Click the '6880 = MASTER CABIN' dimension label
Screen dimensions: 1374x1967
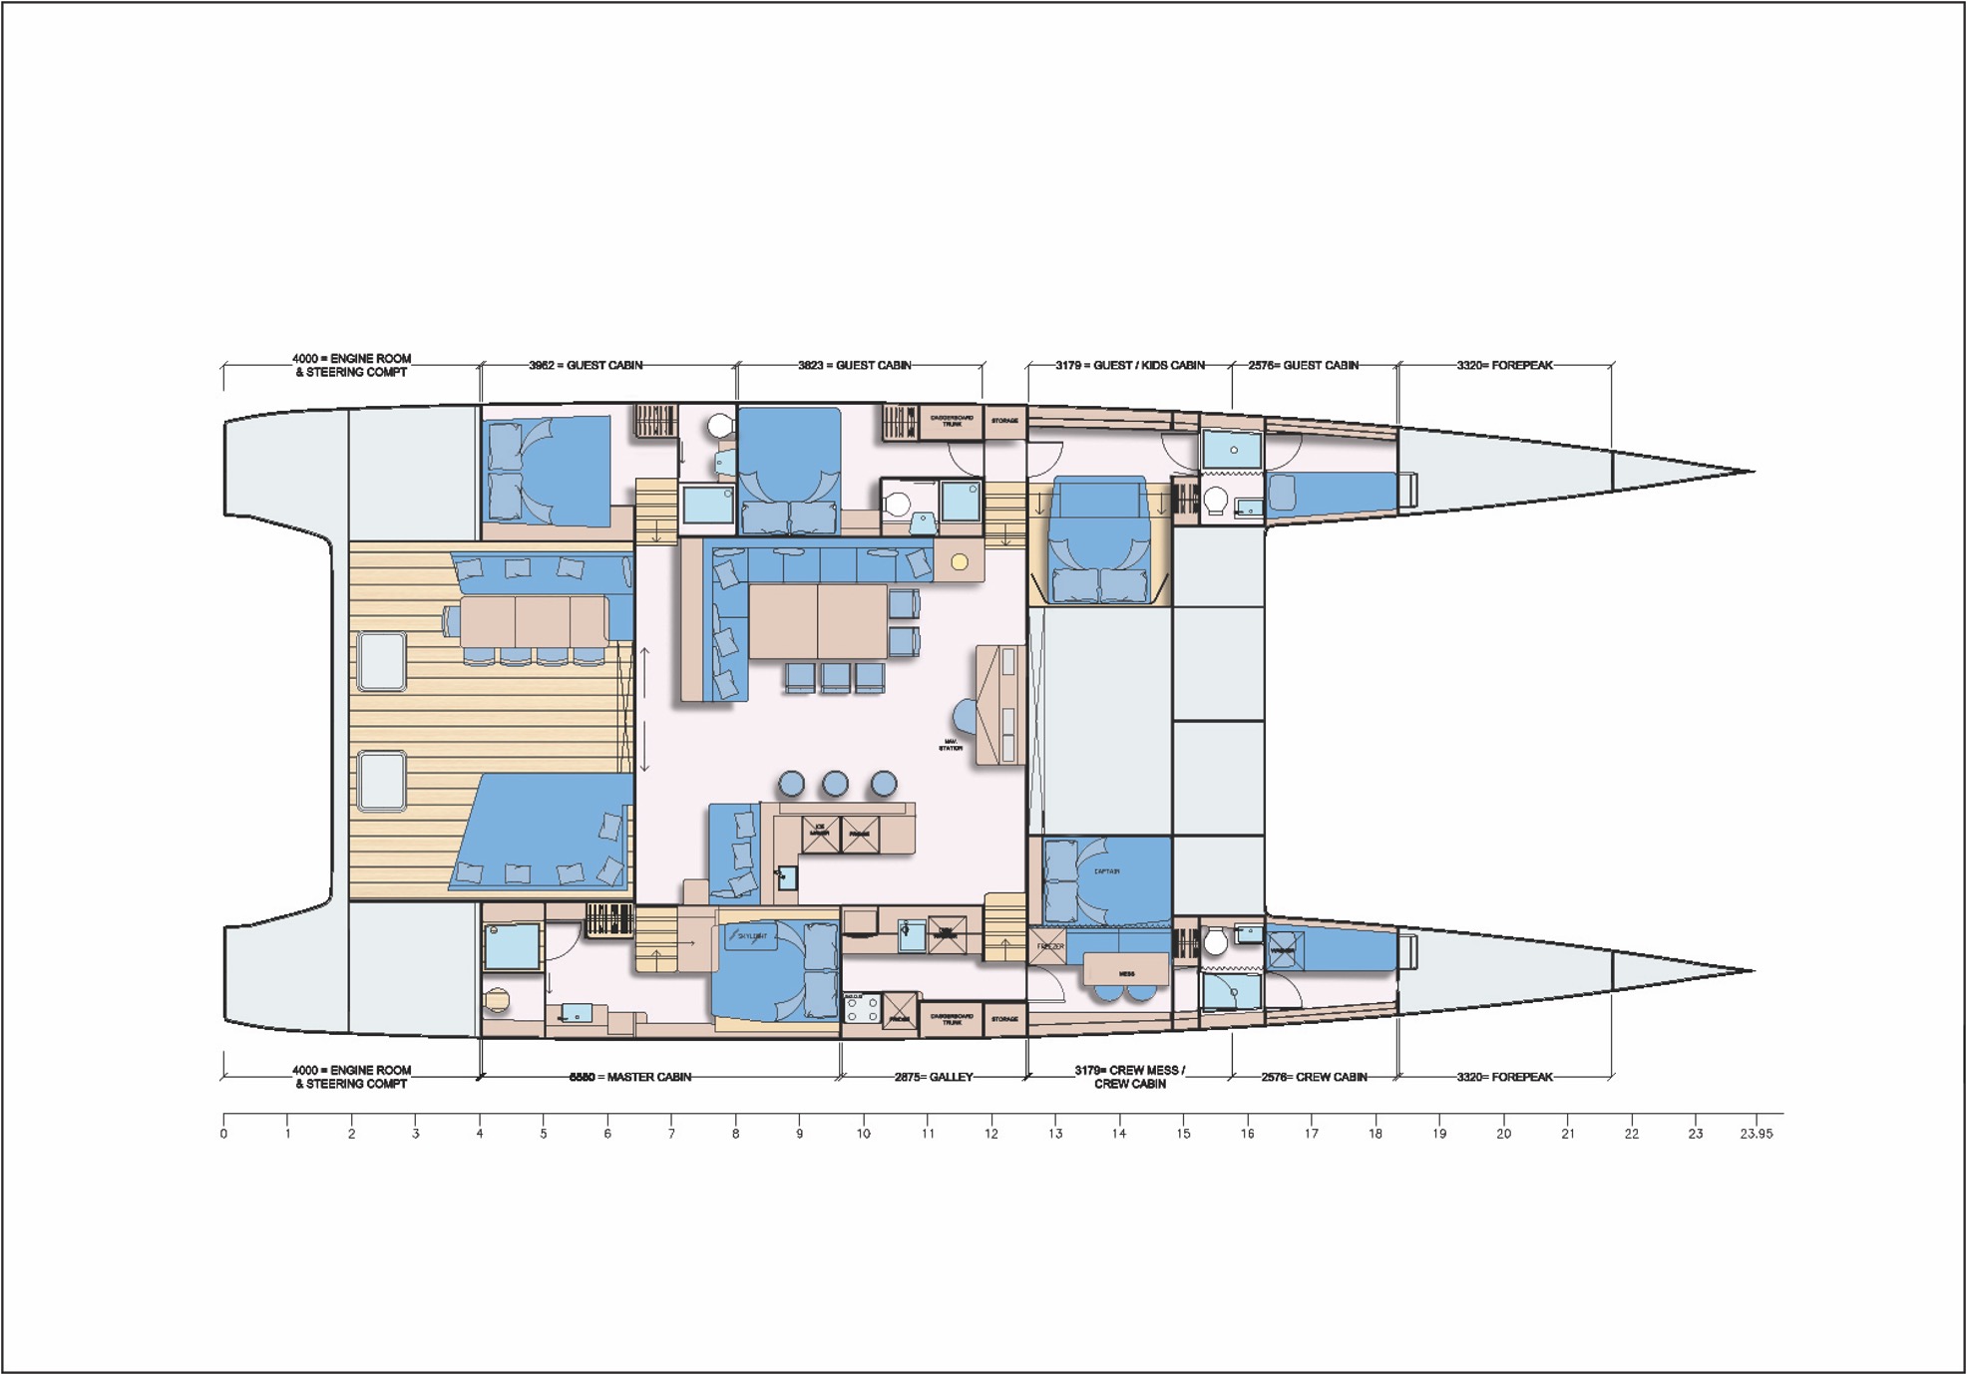click(629, 1077)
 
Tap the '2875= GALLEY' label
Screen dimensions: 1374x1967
click(933, 1077)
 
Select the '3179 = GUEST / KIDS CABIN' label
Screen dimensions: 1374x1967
click(1129, 365)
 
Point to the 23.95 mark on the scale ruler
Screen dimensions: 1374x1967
click(1756, 1134)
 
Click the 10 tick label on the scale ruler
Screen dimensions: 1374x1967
click(863, 1134)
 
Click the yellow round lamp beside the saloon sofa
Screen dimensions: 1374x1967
click(960, 562)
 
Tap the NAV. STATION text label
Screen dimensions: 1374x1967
click(951, 745)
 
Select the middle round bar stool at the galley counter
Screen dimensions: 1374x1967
click(835, 784)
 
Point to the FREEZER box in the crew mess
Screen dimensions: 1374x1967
click(1048, 946)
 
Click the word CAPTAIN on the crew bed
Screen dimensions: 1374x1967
click(1106, 871)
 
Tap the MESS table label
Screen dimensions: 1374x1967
click(1126, 972)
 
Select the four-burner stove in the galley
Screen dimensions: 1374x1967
click(862, 1009)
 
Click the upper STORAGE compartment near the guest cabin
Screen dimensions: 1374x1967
click(1004, 421)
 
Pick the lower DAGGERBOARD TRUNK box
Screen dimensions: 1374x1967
click(952, 1019)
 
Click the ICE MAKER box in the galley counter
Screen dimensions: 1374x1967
click(820, 833)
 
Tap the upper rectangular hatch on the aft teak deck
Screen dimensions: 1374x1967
click(381, 661)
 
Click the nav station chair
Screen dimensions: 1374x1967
click(965, 715)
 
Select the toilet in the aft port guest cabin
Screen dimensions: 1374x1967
click(719, 427)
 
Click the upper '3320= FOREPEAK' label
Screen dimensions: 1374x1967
click(1503, 365)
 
